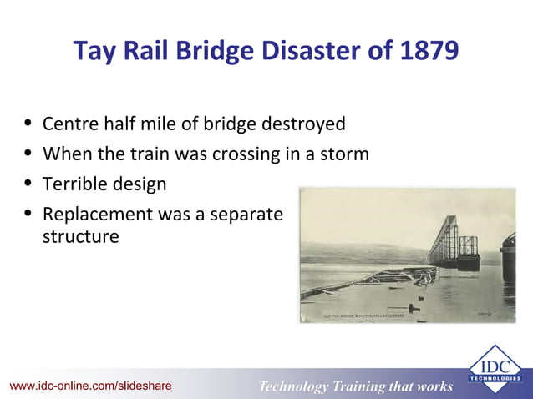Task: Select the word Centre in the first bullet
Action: click(x=71, y=124)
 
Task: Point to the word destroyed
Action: click(x=303, y=124)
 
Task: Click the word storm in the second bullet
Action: click(x=343, y=154)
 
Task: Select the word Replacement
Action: click(x=94, y=215)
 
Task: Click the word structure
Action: click(x=80, y=237)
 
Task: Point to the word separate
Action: click(x=243, y=215)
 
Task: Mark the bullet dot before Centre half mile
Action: click(x=28, y=124)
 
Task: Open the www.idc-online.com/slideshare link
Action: click(x=91, y=386)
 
